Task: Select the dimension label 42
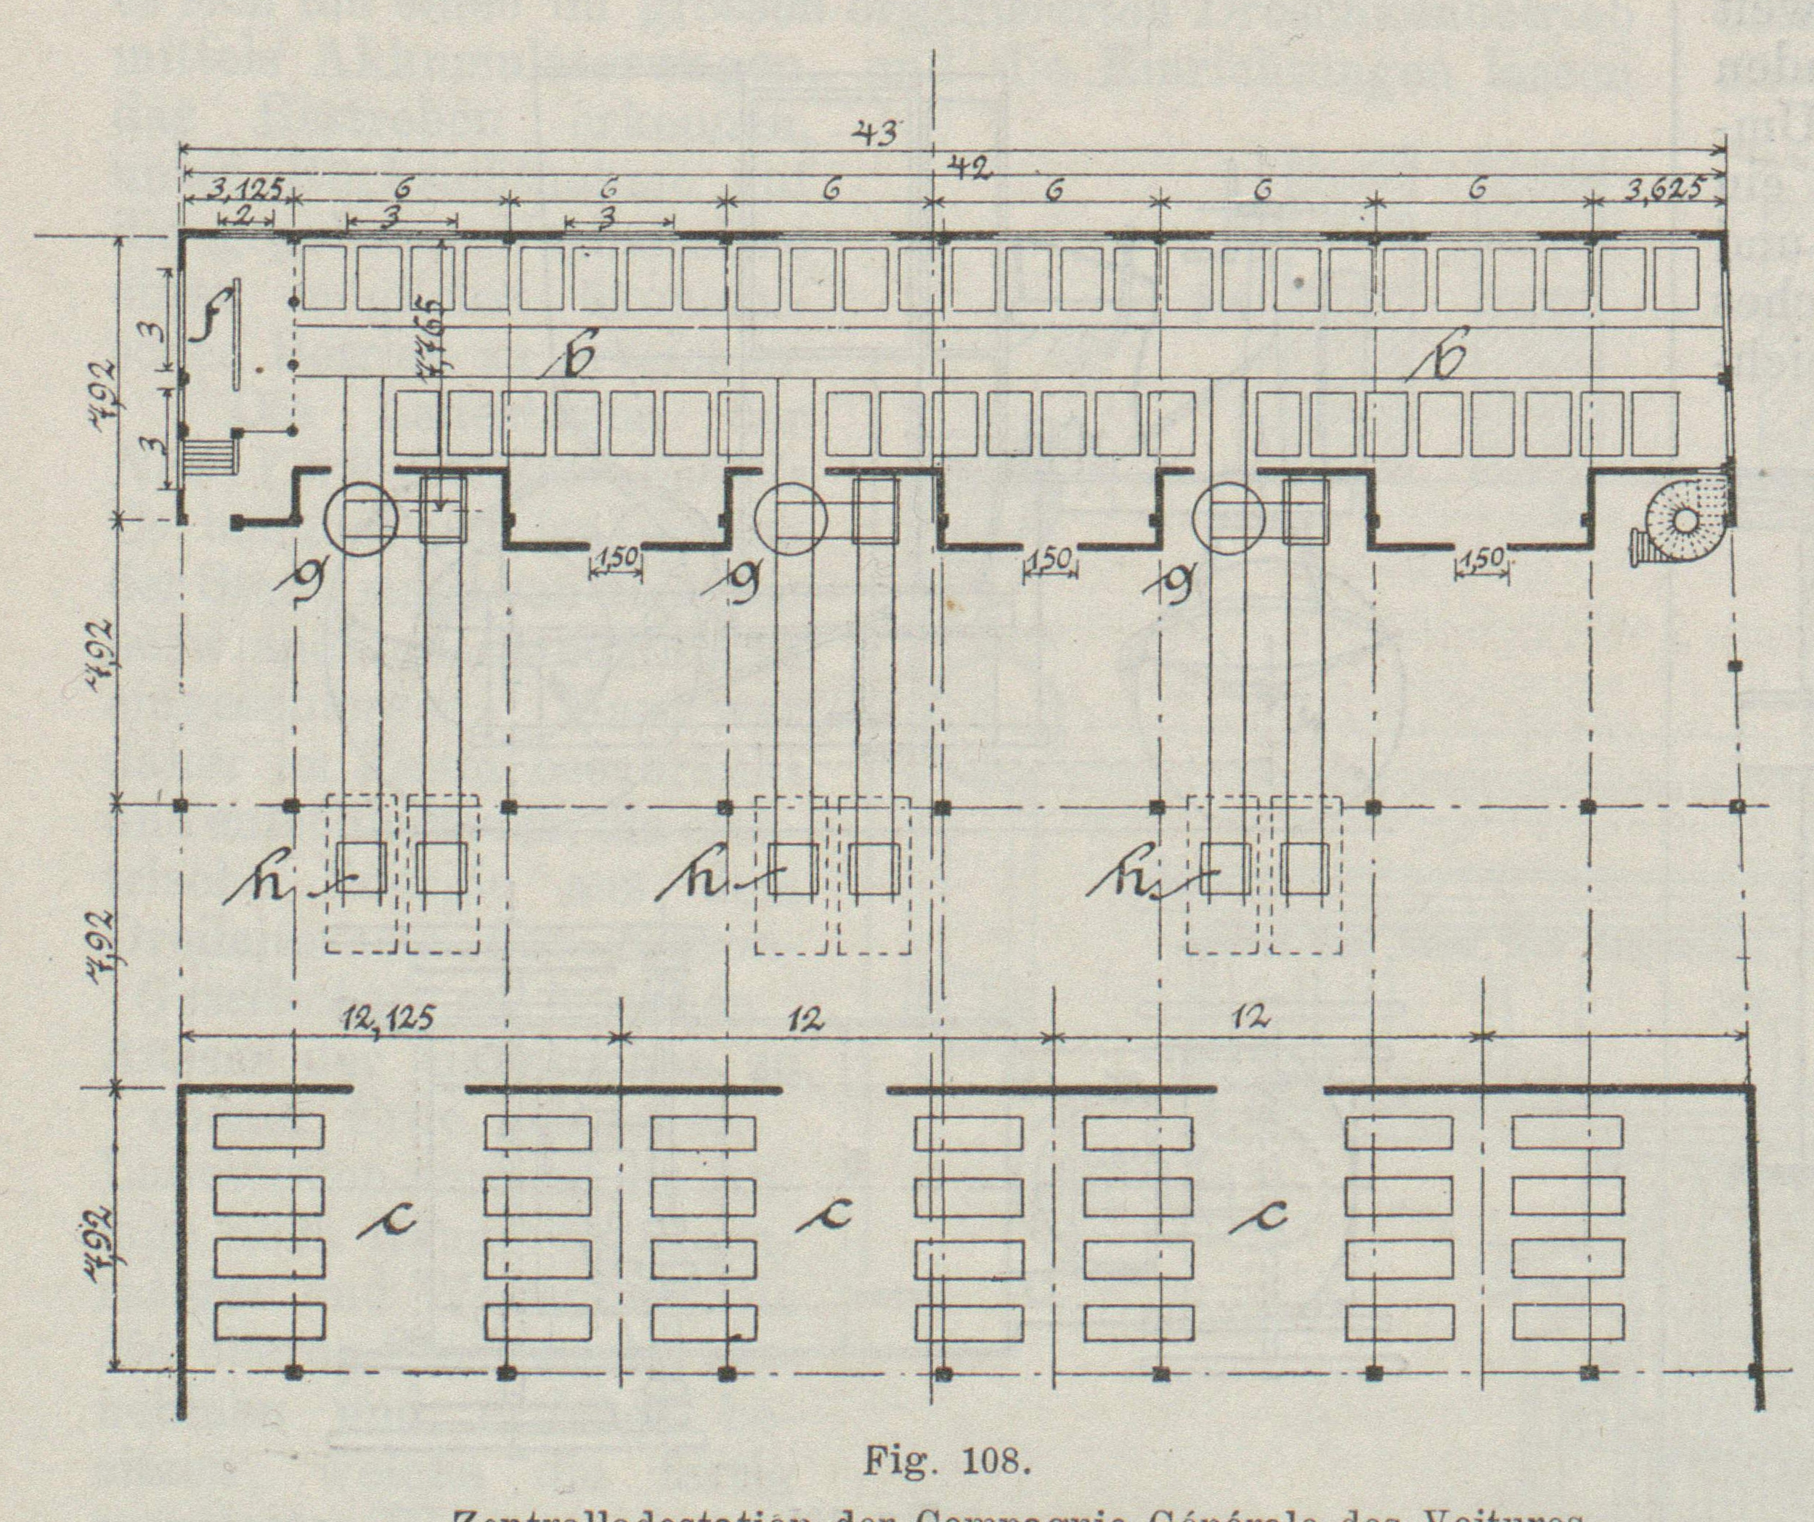pos(970,166)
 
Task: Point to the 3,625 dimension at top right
pos(1664,190)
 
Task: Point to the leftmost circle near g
pos(360,518)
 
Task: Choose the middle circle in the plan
pos(790,518)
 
